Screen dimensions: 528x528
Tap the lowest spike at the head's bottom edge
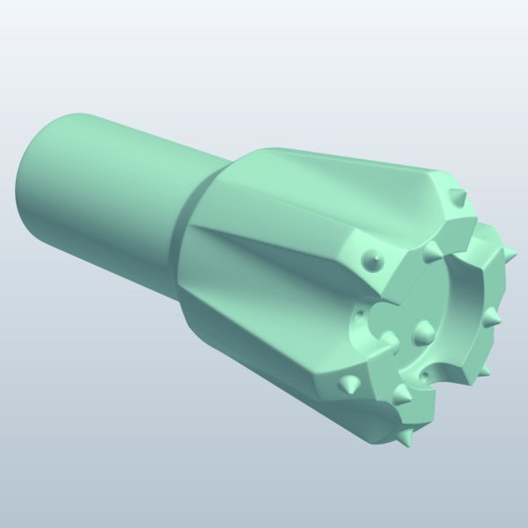coord(405,437)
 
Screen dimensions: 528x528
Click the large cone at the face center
coord(423,331)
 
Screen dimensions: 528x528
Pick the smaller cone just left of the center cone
coord(388,338)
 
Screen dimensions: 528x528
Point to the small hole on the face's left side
coord(359,318)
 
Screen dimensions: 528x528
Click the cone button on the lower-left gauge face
coord(348,384)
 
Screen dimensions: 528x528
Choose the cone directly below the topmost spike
coord(431,253)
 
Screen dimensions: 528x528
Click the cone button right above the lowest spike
coord(401,395)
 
